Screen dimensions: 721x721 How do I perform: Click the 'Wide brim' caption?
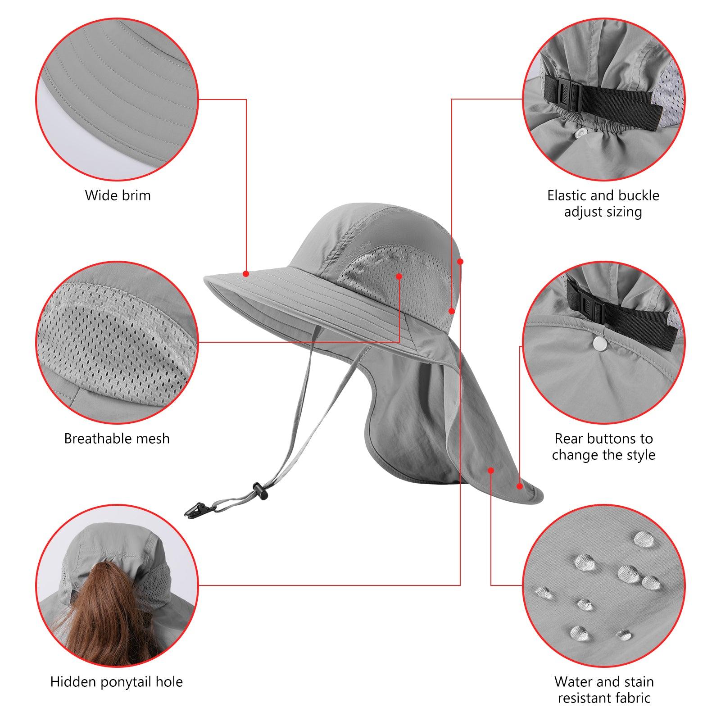118,195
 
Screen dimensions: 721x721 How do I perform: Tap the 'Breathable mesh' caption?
117,438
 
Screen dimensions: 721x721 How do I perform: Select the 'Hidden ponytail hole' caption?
117,682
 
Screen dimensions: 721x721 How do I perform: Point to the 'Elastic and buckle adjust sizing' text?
603,203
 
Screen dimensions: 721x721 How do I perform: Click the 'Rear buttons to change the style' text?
603,446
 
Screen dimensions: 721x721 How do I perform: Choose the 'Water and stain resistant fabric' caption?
604,689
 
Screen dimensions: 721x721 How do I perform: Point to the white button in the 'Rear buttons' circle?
599,345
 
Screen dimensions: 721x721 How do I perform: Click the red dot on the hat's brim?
246,273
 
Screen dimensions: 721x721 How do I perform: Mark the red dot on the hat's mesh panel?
399,276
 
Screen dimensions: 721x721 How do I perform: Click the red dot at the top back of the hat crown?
460,261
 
